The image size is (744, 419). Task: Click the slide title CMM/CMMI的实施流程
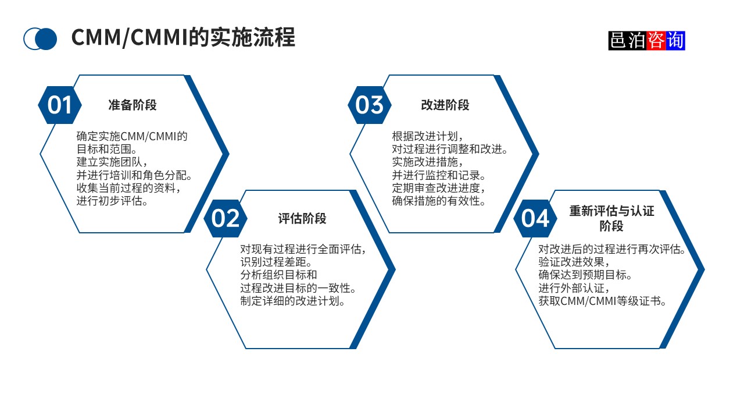click(183, 38)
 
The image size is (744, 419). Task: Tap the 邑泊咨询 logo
click(646, 40)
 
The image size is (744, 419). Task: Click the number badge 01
click(60, 105)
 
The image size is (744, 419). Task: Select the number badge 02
click(226, 218)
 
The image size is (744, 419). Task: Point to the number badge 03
click(370, 105)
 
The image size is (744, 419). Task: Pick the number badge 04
click(535, 218)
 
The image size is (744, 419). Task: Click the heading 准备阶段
click(133, 105)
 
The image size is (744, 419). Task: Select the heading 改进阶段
click(445, 105)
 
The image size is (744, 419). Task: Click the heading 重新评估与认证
click(611, 211)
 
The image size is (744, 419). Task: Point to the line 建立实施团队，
click(112, 162)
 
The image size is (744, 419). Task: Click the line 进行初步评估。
click(112, 201)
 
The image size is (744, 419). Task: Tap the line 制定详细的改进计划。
click(293, 301)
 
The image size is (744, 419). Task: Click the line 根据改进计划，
click(428, 136)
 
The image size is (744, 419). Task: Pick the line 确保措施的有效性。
click(439, 201)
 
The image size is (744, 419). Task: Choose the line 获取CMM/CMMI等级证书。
click(602, 301)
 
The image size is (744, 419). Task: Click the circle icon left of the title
click(40, 39)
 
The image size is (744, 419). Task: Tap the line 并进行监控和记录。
click(439, 175)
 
